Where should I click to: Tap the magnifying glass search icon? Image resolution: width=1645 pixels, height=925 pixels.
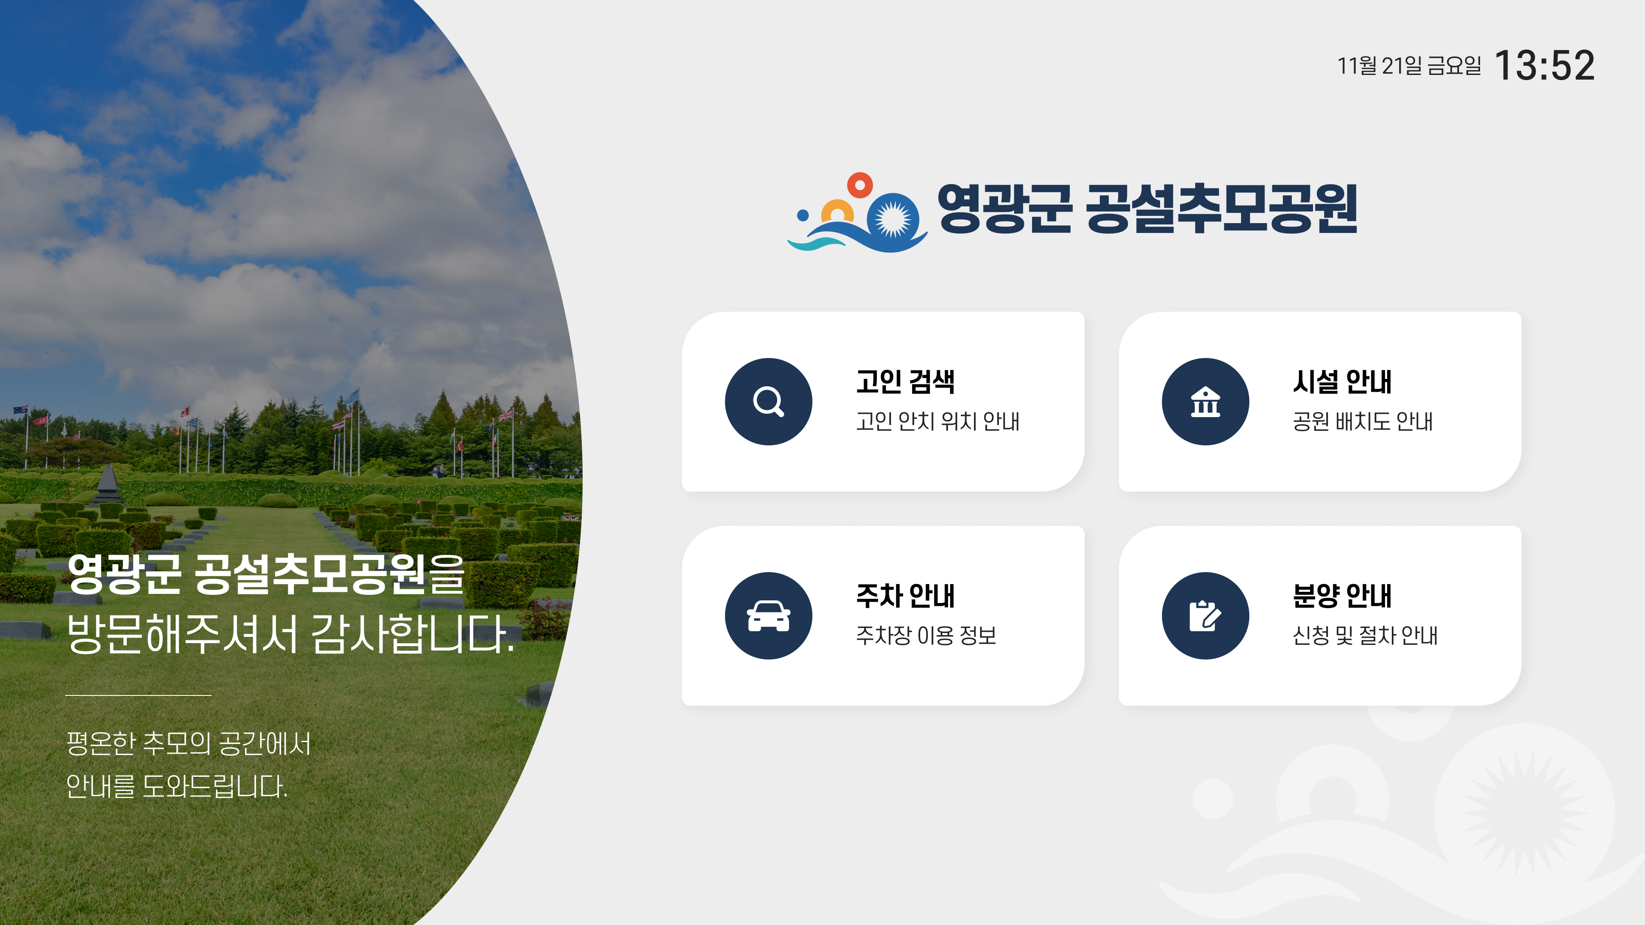tap(768, 402)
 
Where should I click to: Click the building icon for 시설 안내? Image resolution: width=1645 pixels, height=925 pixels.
tap(1205, 402)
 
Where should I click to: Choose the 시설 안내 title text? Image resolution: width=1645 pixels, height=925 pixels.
tap(1342, 382)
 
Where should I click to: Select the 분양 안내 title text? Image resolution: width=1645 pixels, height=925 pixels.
tap(1342, 596)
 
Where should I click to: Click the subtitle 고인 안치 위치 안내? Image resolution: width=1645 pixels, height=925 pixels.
tap(937, 421)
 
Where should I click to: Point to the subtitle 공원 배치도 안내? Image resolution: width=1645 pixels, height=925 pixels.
tap(1363, 421)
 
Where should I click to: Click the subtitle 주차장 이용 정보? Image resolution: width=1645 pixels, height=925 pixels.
tap(926, 635)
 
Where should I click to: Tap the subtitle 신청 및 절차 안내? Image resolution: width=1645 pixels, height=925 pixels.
tap(1365, 635)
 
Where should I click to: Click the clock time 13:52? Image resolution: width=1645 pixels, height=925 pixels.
tap(1544, 66)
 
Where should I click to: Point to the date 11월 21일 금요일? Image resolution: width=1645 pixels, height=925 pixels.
tap(1409, 66)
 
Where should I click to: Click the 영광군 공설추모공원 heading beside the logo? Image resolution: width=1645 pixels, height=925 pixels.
tap(1147, 209)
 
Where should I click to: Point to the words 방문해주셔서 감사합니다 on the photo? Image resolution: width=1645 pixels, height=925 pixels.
tap(290, 634)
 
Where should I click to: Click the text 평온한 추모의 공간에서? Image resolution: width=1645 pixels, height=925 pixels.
tap(189, 744)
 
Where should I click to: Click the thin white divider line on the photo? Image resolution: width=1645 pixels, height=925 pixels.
tap(138, 695)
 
